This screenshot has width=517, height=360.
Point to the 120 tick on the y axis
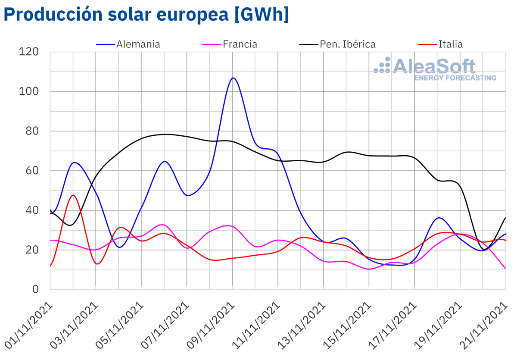[29, 52]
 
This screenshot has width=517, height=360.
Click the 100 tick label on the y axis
[29, 91]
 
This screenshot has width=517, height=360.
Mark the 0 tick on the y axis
[36, 289]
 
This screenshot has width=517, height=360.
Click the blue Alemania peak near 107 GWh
[233, 78]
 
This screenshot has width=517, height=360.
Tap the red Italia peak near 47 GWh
[73, 195]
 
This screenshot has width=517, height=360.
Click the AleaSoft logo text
[434, 66]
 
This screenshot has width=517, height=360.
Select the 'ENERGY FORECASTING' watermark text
[455, 78]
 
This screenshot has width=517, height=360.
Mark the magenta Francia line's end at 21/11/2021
[505, 268]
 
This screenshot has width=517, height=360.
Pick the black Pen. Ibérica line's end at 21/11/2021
[505, 218]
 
